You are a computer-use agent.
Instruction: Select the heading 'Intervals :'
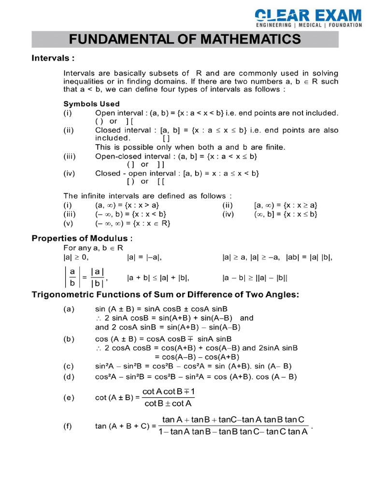coord(53,58)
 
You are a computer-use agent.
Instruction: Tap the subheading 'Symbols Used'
coord(91,103)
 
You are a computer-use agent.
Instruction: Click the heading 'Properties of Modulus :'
coord(82,238)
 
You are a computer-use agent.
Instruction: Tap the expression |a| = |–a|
coord(144,257)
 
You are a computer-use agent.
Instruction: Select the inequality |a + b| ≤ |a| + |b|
coord(157,278)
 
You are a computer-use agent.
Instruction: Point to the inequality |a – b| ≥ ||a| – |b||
coord(255,278)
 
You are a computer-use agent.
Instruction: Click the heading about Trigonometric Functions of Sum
coord(166,294)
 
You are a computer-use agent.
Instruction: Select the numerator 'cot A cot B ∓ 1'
coord(168,392)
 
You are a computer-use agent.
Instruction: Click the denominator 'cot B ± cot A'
coord(168,403)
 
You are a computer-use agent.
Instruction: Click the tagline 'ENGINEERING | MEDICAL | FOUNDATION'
coord(309,25)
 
